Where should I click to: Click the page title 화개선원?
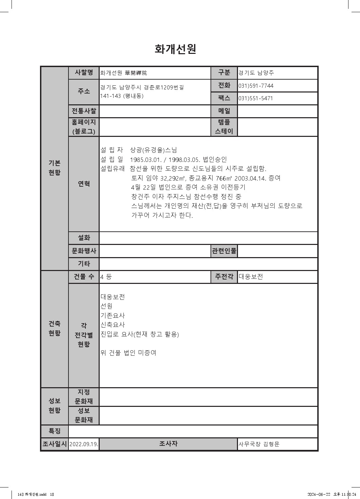point(175,49)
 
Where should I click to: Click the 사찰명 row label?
point(84,72)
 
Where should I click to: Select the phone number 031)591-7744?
point(256,86)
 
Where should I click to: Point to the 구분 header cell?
point(224,72)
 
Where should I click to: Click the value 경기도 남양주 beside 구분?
point(256,72)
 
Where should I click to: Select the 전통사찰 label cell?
point(84,111)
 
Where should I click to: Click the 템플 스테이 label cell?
point(224,127)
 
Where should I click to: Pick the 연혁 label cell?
point(84,184)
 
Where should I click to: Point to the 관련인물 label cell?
point(224,251)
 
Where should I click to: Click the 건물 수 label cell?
point(84,276)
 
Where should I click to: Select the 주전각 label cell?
point(224,276)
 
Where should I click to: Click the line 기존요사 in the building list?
point(113,315)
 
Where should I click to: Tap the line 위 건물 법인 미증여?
point(128,353)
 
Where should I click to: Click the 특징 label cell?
point(55,431)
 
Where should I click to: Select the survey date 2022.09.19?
point(84,444)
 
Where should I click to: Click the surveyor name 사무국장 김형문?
point(259,444)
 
